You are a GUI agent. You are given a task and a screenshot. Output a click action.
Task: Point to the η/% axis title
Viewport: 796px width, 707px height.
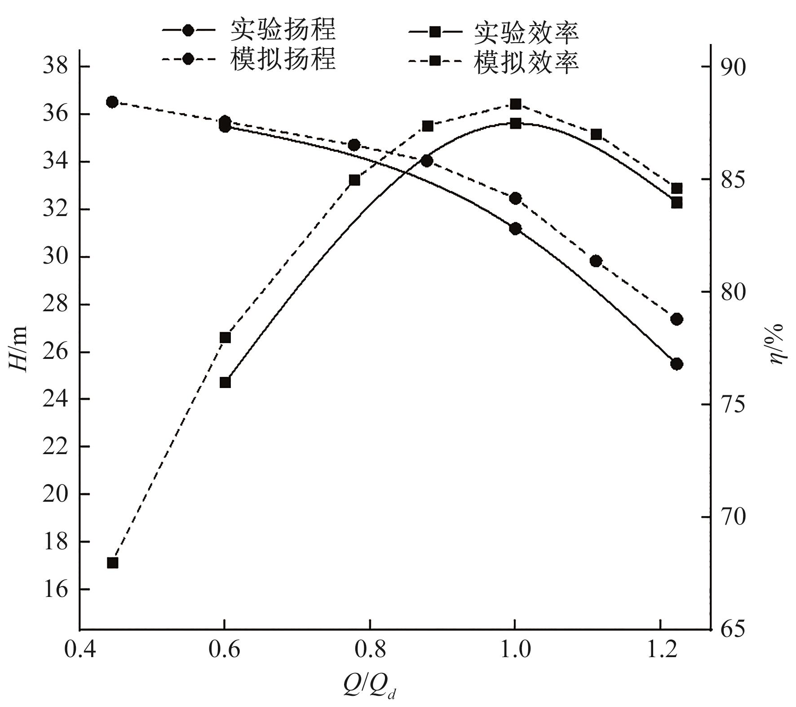click(776, 344)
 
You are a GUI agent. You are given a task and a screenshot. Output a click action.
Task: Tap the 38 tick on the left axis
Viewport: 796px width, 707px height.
click(55, 67)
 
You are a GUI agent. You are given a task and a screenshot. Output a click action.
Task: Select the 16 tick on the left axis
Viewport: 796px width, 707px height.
click(55, 589)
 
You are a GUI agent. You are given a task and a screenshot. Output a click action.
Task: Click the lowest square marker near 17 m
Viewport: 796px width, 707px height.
click(112, 563)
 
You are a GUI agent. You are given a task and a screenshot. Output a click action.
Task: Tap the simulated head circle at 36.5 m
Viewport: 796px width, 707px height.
click(112, 102)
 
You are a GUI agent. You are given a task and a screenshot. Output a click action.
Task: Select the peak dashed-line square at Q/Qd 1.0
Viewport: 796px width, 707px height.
click(516, 104)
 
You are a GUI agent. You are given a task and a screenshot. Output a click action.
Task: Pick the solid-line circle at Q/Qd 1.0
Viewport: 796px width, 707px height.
click(516, 229)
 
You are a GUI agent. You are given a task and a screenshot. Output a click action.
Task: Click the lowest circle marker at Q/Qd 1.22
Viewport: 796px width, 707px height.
click(677, 364)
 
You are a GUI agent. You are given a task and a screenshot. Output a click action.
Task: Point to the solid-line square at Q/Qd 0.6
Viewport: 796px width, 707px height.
click(225, 382)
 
